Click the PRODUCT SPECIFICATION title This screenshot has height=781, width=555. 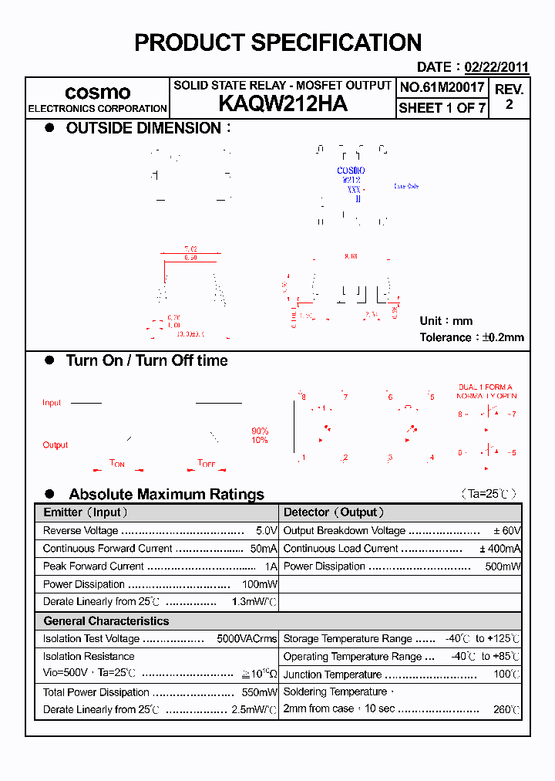(277, 42)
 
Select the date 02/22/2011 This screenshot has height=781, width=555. (496, 67)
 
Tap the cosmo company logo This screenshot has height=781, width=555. (97, 93)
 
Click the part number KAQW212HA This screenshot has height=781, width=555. (282, 104)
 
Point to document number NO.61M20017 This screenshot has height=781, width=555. (442, 87)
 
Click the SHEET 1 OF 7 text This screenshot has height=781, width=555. (442, 108)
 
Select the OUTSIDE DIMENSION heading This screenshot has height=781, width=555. (143, 128)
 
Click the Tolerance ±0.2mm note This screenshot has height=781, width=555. (471, 337)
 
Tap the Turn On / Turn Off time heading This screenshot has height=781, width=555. (146, 360)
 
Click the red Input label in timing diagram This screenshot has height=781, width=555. (52, 403)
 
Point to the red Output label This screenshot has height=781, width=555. (55, 445)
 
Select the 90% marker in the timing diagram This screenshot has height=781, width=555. (260, 431)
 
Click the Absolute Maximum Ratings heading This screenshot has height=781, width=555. (166, 494)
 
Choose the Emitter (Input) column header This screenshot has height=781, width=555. (86, 512)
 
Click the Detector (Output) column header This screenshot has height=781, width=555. (334, 512)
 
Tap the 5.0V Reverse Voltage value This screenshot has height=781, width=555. (266, 531)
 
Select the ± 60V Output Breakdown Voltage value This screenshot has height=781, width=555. (507, 531)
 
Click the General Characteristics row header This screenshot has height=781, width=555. (106, 620)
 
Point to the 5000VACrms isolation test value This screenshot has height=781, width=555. (247, 639)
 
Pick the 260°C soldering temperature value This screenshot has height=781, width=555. (506, 709)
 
